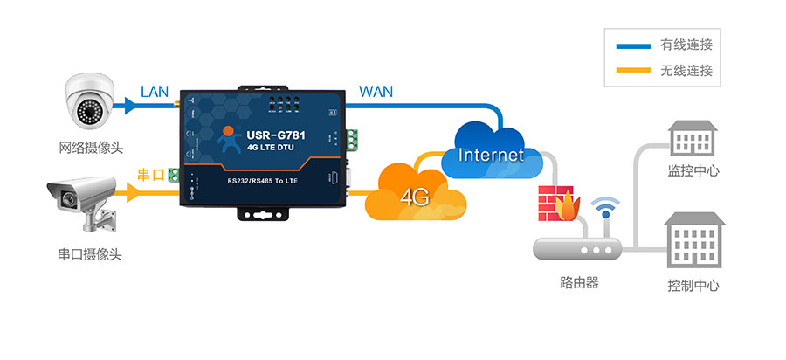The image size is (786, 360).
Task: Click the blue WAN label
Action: click(x=376, y=92)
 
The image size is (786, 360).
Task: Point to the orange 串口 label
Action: click(x=151, y=175)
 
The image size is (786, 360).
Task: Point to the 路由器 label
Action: click(x=579, y=283)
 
